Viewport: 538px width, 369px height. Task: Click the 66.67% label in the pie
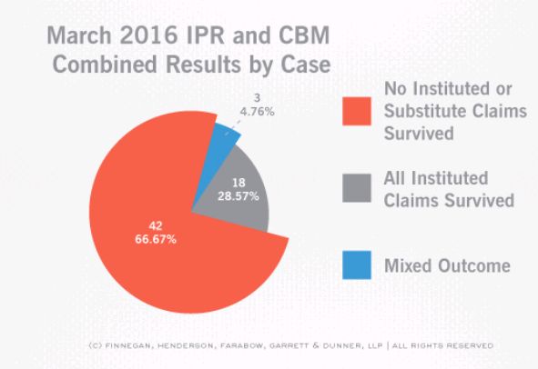point(156,239)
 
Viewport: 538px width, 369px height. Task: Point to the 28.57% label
point(239,196)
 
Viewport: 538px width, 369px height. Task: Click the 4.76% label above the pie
point(258,112)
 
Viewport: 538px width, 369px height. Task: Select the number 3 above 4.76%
point(258,98)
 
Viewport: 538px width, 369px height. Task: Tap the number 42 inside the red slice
point(156,225)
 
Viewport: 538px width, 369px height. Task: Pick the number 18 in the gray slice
point(239,183)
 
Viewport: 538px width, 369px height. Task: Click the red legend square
point(357,111)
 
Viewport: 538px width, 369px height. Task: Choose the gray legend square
point(357,188)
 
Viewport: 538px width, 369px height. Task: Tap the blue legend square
point(357,264)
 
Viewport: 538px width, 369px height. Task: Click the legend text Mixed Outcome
point(447,265)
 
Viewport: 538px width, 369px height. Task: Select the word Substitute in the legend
point(424,111)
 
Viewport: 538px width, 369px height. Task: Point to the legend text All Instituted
point(436,178)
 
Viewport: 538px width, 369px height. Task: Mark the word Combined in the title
point(106,64)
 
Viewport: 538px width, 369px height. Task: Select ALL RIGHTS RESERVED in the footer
point(443,345)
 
